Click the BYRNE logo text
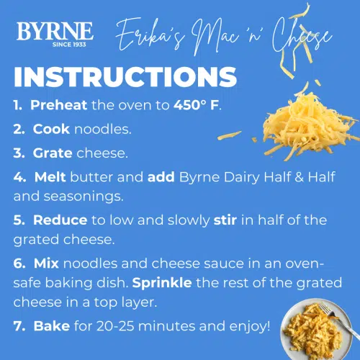point(55,31)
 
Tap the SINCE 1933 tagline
point(55,42)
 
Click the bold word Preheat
point(59,105)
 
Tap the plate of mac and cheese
point(317,328)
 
